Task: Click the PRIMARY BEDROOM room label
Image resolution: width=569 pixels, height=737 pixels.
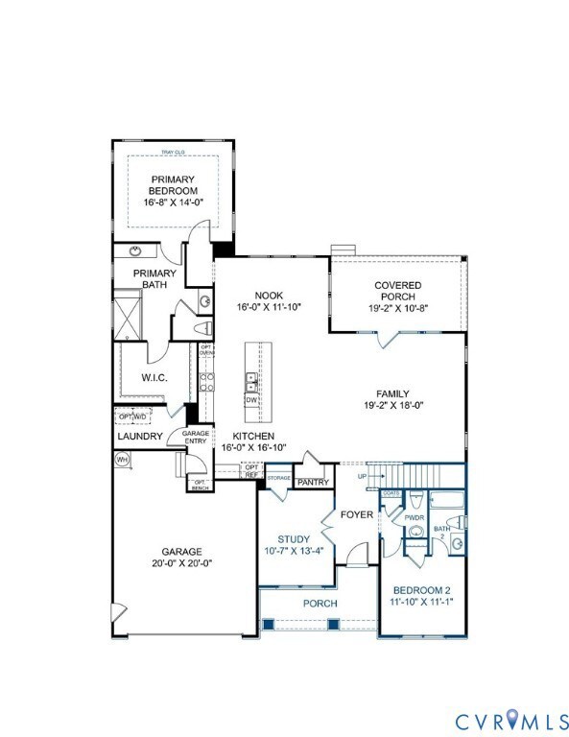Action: click(174, 185)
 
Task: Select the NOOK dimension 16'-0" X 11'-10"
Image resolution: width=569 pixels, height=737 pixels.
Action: click(270, 307)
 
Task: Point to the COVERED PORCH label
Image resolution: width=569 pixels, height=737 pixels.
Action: click(398, 291)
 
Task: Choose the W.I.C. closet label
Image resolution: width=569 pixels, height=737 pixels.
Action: click(154, 378)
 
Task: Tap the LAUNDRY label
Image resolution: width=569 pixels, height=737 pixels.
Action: click(139, 437)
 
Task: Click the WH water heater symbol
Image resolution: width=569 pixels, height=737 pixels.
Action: click(122, 460)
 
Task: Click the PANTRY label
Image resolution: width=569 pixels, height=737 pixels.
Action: click(313, 482)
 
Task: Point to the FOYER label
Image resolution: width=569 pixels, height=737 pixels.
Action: click(357, 515)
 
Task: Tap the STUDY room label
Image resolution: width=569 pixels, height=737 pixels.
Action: click(294, 539)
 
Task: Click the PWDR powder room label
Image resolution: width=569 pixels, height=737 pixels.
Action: click(414, 517)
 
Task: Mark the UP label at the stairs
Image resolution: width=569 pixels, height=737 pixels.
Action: click(361, 476)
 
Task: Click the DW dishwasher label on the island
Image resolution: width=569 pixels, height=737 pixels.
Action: click(251, 399)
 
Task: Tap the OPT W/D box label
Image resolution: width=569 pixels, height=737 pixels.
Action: click(131, 416)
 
